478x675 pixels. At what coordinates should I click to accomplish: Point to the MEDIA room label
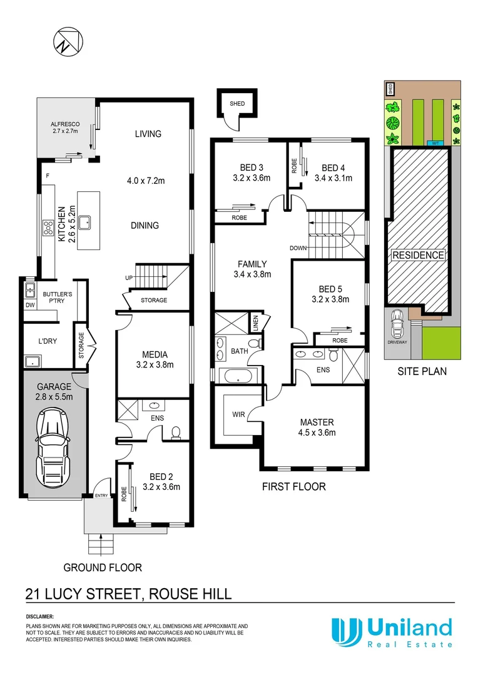tap(154, 354)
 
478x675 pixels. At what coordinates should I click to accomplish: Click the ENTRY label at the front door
tap(101, 496)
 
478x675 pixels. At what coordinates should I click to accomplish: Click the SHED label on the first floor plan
tap(236, 104)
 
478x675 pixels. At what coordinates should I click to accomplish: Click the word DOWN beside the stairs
tap(298, 248)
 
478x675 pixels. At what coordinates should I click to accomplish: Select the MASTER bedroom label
tap(316, 422)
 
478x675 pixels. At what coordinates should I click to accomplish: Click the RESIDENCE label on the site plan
tap(419, 255)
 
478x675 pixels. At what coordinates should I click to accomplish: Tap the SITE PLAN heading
tap(422, 371)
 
